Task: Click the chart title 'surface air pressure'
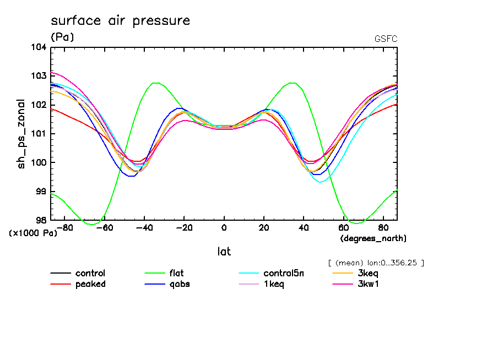click(x=120, y=21)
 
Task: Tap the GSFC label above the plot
click(x=385, y=39)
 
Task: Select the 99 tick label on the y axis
click(x=42, y=191)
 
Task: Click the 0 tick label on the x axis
click(x=224, y=227)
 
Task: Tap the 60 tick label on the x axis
click(x=343, y=227)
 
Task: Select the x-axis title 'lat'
click(x=223, y=252)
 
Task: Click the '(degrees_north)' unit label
click(x=373, y=238)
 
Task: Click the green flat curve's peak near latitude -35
click(x=156, y=83)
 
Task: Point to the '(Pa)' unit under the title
click(x=62, y=37)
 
